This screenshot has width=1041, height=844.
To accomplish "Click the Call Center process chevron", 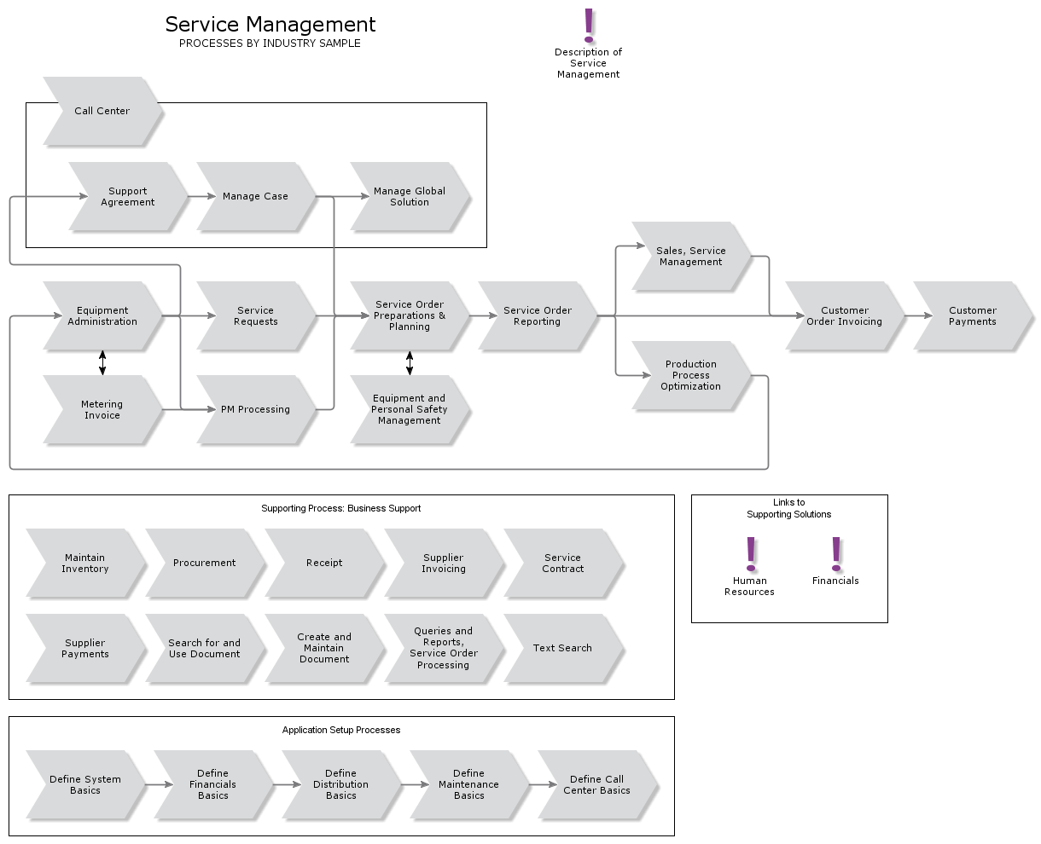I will [x=102, y=111].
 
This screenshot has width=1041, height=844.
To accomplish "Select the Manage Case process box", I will [x=255, y=196].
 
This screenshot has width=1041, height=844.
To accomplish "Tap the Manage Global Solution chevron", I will [x=410, y=196].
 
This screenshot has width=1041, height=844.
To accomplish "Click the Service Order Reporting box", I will [x=537, y=315].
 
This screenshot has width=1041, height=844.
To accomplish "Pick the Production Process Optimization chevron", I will [x=690, y=375].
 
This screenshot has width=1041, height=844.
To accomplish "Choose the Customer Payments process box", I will [x=972, y=315].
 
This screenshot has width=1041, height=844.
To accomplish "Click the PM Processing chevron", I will [x=255, y=409].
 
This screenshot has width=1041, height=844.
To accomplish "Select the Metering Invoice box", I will [x=102, y=409].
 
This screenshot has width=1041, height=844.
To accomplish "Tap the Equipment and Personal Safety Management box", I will [x=410, y=409].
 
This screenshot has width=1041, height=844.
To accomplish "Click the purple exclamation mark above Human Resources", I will [x=751, y=553].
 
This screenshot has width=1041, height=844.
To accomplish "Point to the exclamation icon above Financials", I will [x=836, y=553].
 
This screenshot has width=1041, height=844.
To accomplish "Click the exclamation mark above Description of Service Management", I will [x=589, y=26].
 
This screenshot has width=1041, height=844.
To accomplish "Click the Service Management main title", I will [x=270, y=25].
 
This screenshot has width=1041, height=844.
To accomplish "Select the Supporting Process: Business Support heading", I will [x=340, y=508].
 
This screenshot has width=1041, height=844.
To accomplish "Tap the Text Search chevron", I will [x=562, y=648].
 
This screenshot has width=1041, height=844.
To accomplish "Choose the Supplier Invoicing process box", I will [x=443, y=563].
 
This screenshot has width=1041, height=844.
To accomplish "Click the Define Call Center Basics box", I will [x=596, y=784].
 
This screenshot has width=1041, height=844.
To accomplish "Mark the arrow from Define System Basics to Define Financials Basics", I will [x=157, y=784].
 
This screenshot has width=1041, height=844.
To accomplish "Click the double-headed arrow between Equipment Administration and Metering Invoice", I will [x=102, y=362].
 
